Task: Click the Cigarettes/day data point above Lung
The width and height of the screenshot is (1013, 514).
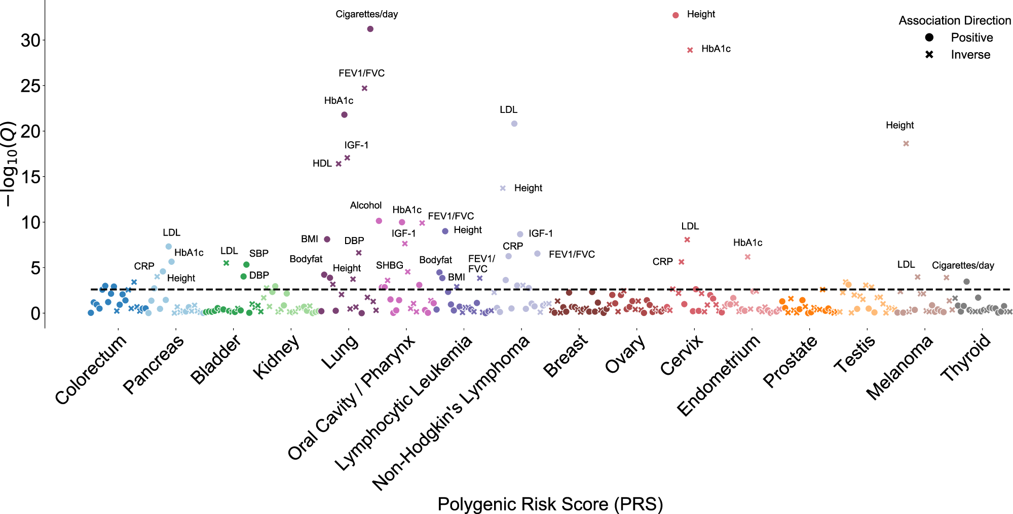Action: (370, 29)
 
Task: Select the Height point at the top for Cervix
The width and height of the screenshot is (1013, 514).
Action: (676, 15)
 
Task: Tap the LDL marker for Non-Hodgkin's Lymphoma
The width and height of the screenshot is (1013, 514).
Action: (514, 124)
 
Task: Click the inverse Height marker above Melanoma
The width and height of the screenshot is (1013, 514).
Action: (906, 144)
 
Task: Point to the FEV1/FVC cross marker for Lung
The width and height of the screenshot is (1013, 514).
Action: (364, 88)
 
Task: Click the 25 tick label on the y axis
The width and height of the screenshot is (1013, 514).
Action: (30, 86)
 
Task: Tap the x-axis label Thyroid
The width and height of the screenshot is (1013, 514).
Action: (966, 358)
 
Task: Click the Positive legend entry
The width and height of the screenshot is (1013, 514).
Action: (971, 37)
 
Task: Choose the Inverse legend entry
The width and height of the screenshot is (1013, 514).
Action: (970, 55)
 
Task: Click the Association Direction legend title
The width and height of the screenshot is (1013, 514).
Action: (955, 21)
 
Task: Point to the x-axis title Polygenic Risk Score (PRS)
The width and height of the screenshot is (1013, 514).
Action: (550, 504)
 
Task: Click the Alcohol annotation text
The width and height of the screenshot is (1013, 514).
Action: (365, 205)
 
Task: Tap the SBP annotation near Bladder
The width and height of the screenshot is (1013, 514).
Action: (258, 253)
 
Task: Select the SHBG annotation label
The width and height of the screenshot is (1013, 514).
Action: (389, 265)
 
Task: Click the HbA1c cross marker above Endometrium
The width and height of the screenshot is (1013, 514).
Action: (747, 257)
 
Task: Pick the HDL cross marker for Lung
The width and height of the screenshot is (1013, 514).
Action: (339, 164)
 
